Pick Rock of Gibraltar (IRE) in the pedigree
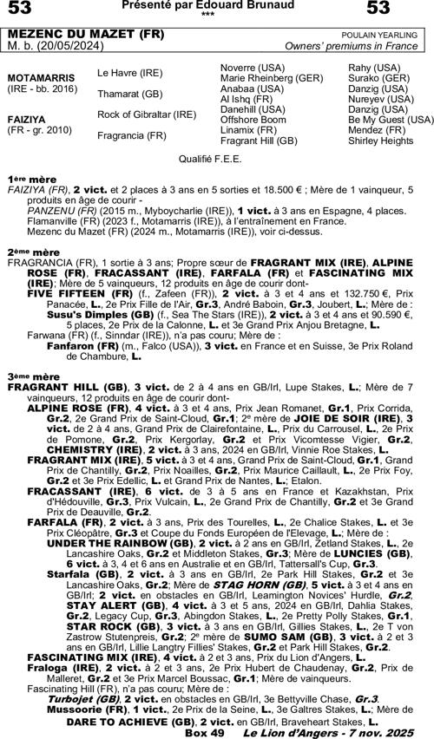(x=147, y=114)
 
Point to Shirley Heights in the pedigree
(x=381, y=141)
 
